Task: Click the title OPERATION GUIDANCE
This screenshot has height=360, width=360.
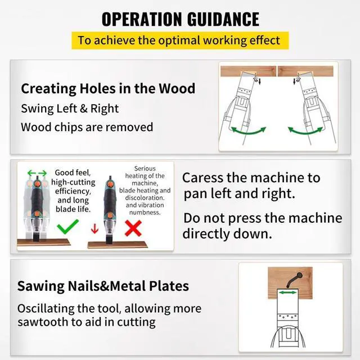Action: coord(180,19)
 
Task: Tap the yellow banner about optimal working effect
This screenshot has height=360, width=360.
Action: coord(179,40)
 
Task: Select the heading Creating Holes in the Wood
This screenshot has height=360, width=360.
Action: coord(108,88)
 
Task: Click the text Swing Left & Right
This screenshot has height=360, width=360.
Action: coord(70,108)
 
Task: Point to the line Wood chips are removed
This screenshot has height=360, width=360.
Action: coord(87,127)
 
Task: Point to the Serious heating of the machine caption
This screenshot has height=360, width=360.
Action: coord(145,190)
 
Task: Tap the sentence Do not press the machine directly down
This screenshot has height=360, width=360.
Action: coord(262,226)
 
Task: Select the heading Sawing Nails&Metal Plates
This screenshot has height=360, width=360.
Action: coord(103,285)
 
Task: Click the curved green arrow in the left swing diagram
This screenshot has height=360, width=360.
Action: coord(249,133)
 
